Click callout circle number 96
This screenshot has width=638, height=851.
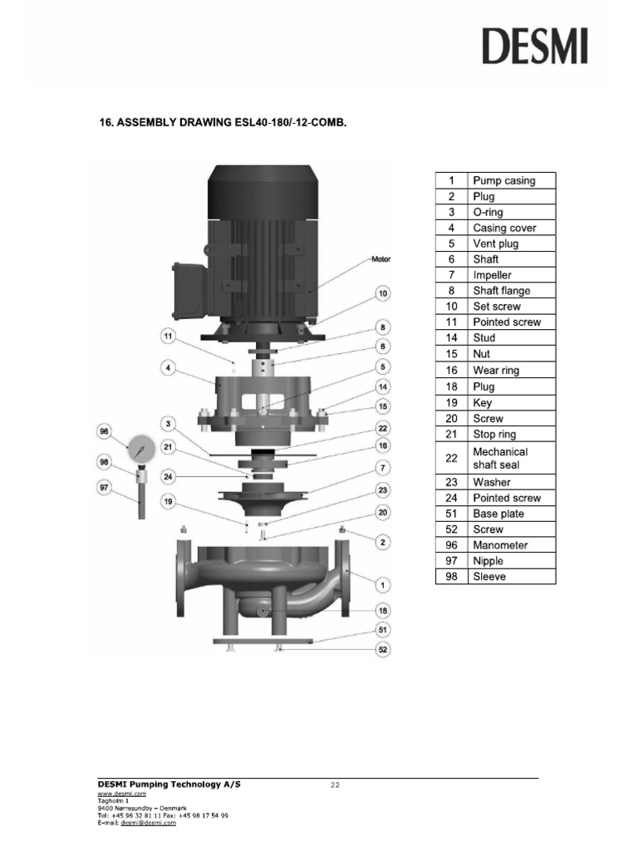[105, 431]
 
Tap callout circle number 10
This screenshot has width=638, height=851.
[383, 293]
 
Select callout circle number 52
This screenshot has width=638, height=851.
[383, 650]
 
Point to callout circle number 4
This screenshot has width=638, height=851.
[169, 366]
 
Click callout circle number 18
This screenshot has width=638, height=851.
[383, 610]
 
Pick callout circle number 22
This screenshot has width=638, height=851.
[383, 428]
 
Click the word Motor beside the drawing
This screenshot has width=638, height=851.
[380, 259]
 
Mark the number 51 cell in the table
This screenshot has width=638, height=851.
[451, 514]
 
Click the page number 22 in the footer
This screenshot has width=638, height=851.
[336, 784]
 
